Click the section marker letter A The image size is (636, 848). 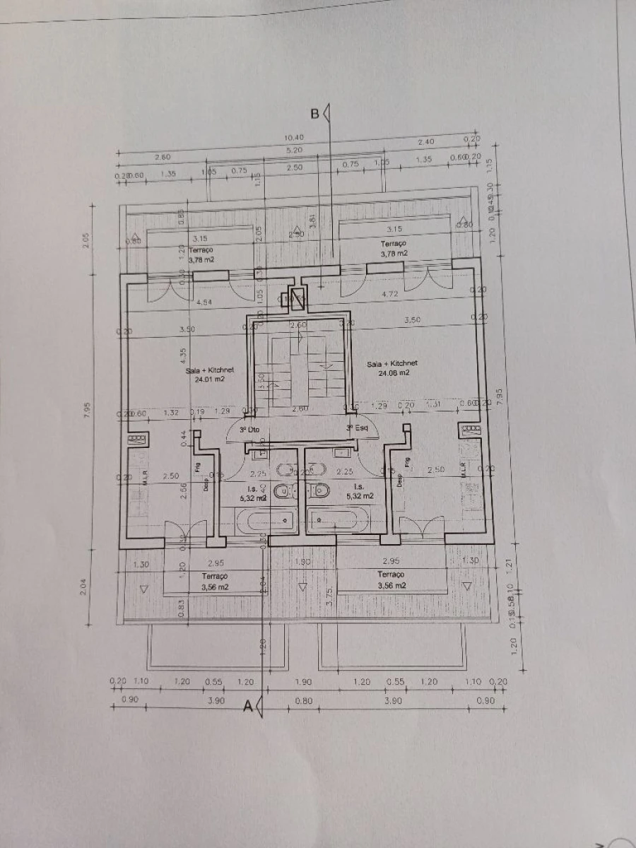248,705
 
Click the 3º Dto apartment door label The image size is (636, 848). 249,429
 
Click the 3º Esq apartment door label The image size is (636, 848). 355,428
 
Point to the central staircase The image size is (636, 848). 298,364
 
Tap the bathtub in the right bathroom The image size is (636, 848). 336,520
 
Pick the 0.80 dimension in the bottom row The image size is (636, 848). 303,700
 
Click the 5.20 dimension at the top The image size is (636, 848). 295,150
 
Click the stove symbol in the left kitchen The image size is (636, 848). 136,439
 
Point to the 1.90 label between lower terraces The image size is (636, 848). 302,561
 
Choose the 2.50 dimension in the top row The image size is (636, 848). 295,167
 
